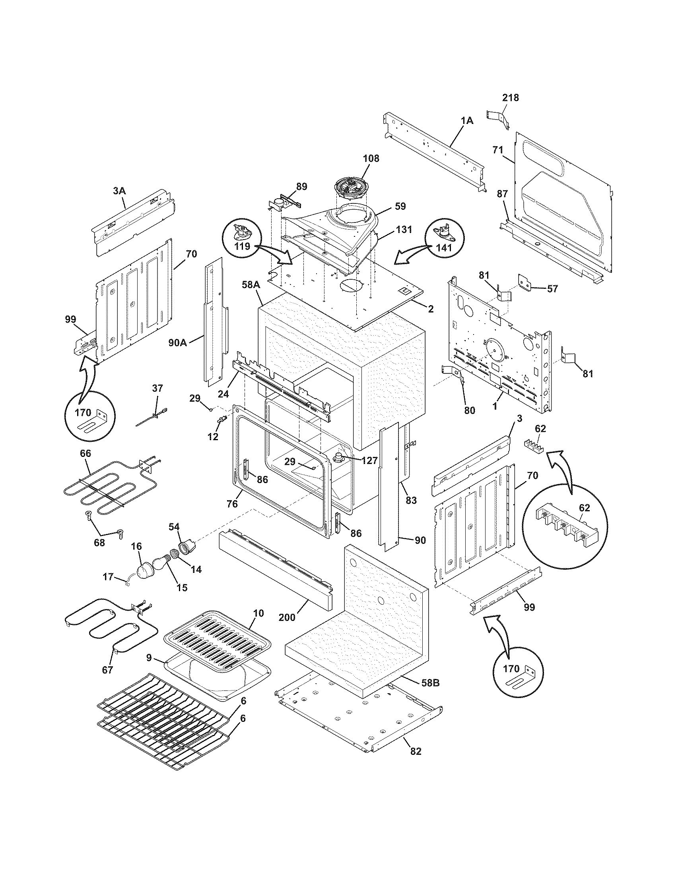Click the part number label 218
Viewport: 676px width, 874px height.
pos(511,97)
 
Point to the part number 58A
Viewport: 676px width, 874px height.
pos(251,285)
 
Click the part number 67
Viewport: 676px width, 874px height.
pos(107,670)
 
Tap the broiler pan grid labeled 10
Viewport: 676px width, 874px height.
pos(216,635)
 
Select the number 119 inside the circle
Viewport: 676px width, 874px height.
pos(243,246)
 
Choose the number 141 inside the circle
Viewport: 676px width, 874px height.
pos(444,248)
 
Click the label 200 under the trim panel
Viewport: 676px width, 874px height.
pos(287,617)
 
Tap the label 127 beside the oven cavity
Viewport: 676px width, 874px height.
pos(369,460)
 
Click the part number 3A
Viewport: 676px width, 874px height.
pos(119,191)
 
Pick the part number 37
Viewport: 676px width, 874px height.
pos(157,388)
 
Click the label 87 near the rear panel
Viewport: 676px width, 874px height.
pos(502,194)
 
